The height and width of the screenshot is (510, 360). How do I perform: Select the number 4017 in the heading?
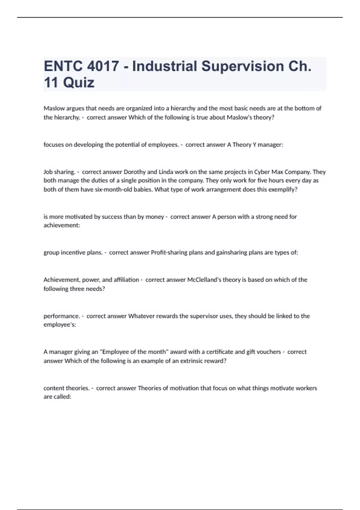(x=103, y=66)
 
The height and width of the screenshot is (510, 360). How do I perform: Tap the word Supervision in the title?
(x=242, y=66)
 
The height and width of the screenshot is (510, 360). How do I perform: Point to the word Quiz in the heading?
(x=79, y=82)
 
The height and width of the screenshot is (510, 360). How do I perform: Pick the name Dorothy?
(x=134, y=172)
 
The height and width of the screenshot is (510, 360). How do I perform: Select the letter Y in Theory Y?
(x=255, y=145)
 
